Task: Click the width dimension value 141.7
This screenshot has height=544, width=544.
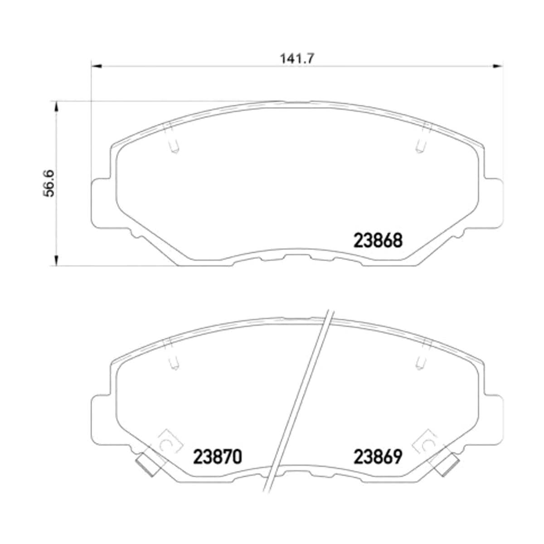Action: pos(296,59)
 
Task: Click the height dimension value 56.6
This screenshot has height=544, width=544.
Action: pos(49,183)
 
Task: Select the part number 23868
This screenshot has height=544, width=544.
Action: pos(378,241)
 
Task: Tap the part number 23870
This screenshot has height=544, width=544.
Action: pos(218,457)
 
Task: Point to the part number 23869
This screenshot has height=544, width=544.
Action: pos(378,457)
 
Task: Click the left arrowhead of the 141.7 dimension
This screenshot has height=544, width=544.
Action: pos(97,66)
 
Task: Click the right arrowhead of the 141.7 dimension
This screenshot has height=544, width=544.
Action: pos(497,66)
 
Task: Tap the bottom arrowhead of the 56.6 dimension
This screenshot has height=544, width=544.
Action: pos(57,261)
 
